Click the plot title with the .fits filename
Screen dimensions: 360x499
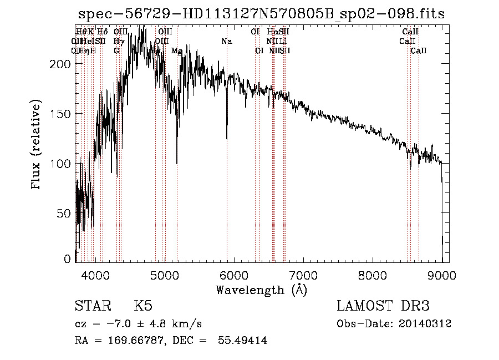tap(261, 14)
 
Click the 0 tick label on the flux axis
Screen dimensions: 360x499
tap(68, 259)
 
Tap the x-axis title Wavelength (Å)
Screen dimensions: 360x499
tap(261, 290)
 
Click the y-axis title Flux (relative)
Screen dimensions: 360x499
tap(37, 146)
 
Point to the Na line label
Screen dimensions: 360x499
tap(226, 41)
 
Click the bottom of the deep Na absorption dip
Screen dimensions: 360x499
tap(226, 139)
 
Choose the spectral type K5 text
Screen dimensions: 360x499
tap(143, 306)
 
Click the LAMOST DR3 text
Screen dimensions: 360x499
tap(383, 306)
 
